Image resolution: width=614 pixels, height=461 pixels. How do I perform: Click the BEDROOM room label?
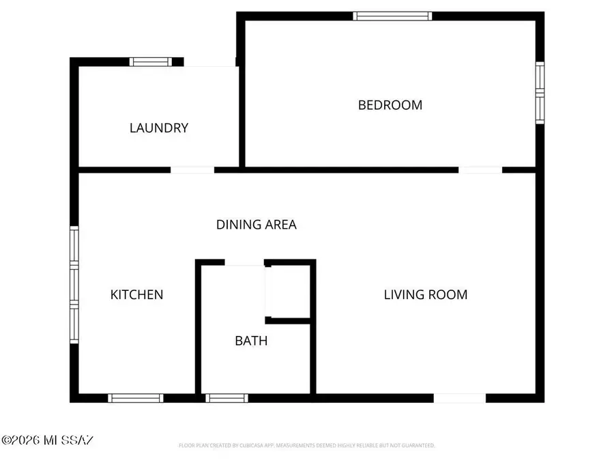click(390, 105)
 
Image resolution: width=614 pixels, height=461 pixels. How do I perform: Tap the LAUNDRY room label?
click(159, 128)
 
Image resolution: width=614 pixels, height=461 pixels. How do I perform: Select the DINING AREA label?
click(257, 224)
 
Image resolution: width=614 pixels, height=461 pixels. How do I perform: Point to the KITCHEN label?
click(136, 294)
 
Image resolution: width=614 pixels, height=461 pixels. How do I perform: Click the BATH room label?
click(251, 340)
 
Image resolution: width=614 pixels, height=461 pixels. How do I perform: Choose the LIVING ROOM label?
click(426, 294)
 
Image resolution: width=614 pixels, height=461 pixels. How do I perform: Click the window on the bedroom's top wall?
click(393, 16)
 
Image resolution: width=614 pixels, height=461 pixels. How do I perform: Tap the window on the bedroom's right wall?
click(539, 93)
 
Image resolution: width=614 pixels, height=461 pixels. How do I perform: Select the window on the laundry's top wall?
click(150, 61)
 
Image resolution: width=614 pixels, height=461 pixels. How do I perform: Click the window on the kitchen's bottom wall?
click(135, 398)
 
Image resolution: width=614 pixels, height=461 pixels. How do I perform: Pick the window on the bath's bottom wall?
click(226, 398)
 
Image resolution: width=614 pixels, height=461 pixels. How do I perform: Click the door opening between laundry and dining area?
click(192, 169)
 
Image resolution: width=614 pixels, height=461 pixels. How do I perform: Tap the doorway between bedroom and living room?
click(480, 169)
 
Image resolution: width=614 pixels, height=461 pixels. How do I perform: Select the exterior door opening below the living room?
click(460, 398)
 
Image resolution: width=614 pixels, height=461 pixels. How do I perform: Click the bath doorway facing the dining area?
click(244, 262)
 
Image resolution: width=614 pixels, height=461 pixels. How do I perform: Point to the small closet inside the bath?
click(288, 292)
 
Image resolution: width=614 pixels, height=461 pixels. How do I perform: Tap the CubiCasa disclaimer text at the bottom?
click(307, 445)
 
